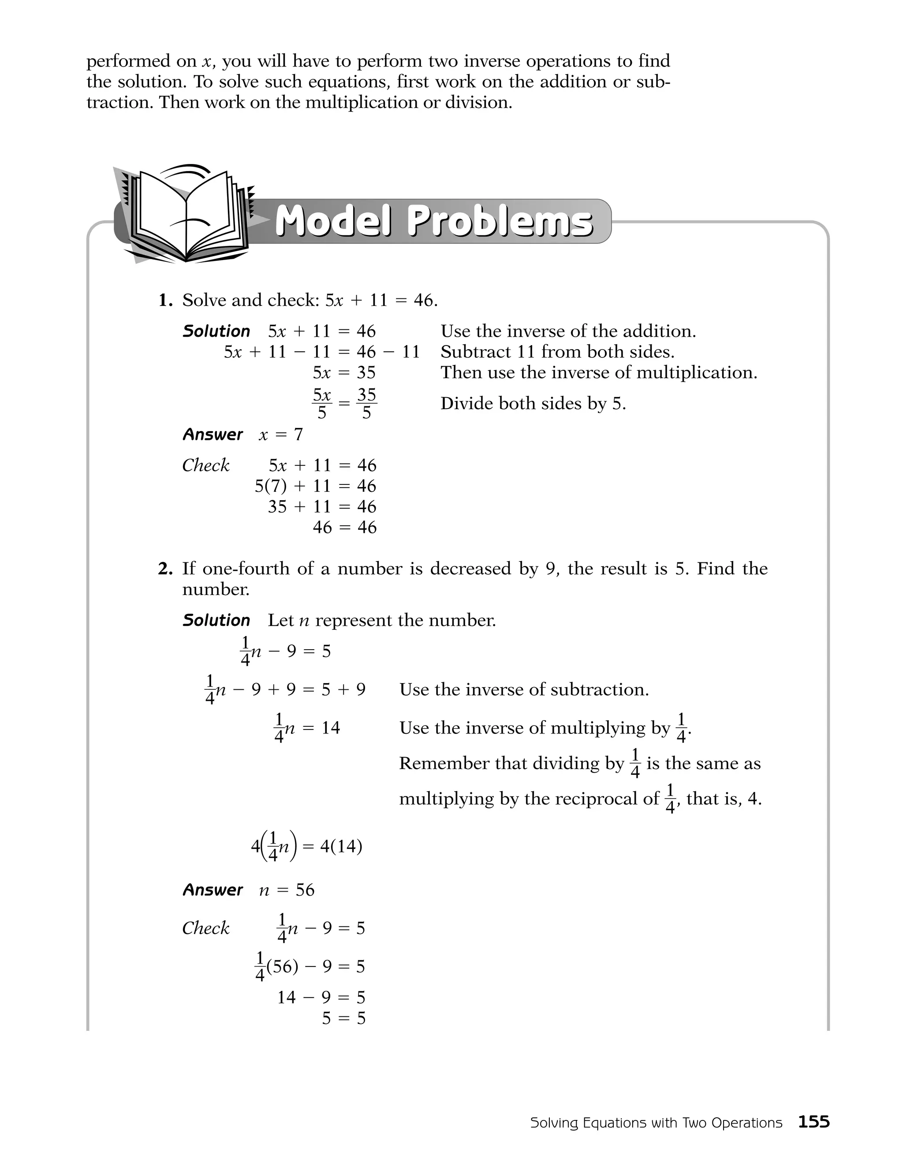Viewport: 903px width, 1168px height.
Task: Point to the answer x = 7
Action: [280, 435]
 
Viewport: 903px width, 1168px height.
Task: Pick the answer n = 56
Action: [287, 890]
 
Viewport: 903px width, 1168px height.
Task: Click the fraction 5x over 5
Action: [321, 404]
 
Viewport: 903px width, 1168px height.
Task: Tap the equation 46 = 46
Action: [344, 527]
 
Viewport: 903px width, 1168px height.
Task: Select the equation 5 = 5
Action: [343, 1018]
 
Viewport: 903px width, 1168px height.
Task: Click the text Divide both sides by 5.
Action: [533, 404]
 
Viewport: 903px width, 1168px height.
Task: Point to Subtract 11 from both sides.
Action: [557, 352]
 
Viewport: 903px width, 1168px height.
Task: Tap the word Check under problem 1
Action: [205, 465]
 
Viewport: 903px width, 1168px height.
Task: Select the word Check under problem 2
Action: [205, 928]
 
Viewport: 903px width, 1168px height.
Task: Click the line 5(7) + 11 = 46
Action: [315, 486]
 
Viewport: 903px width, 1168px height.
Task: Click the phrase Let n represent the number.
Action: [382, 621]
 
